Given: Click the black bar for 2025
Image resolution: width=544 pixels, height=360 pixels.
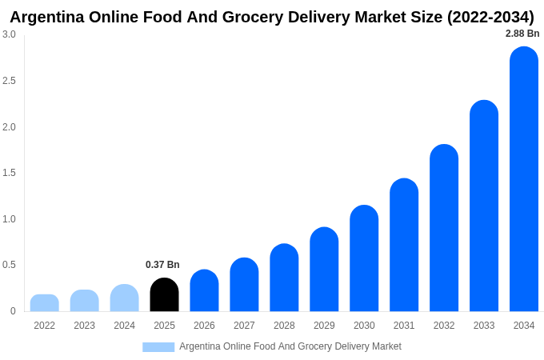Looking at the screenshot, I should click(x=164, y=295).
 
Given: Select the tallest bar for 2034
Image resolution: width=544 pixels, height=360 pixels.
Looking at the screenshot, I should click(x=524, y=179).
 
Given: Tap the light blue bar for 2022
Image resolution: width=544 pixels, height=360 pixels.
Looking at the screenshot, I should click(x=45, y=303).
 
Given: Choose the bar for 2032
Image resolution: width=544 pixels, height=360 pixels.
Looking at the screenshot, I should click(x=444, y=228).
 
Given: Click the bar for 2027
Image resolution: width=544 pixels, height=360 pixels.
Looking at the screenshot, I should click(x=244, y=285).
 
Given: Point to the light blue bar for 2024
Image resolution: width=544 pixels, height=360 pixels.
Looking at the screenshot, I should click(x=124, y=298).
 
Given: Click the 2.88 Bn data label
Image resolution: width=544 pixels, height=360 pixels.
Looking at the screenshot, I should click(x=522, y=34).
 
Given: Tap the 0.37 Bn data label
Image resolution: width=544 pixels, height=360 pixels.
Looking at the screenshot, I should click(x=162, y=265).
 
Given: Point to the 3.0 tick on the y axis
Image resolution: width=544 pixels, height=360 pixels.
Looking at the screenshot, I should click(x=9, y=34).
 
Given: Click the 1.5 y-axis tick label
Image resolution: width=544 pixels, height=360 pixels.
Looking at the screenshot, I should click(x=9, y=173).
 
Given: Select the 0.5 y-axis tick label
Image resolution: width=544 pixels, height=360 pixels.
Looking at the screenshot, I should click(x=9, y=265).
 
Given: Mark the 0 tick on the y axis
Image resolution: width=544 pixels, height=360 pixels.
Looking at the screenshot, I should click(x=13, y=311).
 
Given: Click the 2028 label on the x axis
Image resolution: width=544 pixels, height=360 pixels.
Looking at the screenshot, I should click(x=284, y=326).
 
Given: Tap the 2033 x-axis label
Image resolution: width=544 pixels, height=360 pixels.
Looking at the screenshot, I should click(x=484, y=326).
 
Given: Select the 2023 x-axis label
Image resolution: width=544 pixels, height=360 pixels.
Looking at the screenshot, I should click(x=84, y=326).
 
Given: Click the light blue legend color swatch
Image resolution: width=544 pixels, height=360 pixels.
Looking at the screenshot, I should click(x=158, y=346).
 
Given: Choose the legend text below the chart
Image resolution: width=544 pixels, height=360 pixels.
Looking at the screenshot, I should click(x=290, y=346).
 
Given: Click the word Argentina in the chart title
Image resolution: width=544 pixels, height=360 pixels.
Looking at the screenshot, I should click(x=49, y=17).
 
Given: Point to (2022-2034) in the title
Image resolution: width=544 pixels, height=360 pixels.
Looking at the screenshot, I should click(x=490, y=17).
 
